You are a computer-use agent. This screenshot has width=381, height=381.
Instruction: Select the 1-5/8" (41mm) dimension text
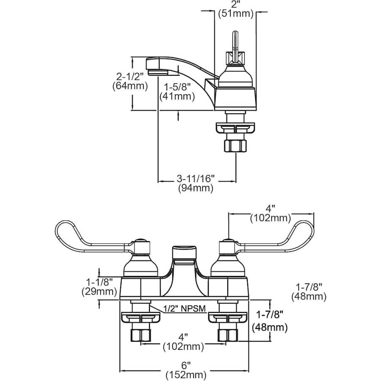pyautogui.click(x=177, y=91)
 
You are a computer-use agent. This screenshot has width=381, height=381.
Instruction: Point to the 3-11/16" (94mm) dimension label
pyautogui.click(x=195, y=183)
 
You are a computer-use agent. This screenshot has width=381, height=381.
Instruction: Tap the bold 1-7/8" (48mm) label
pyautogui.click(x=270, y=320)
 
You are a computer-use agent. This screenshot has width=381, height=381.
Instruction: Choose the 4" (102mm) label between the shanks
pyautogui.click(x=183, y=342)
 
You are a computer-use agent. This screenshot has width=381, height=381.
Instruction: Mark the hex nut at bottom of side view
pyautogui.click(x=235, y=146)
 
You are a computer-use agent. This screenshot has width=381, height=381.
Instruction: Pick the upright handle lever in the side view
pyautogui.click(x=235, y=42)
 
